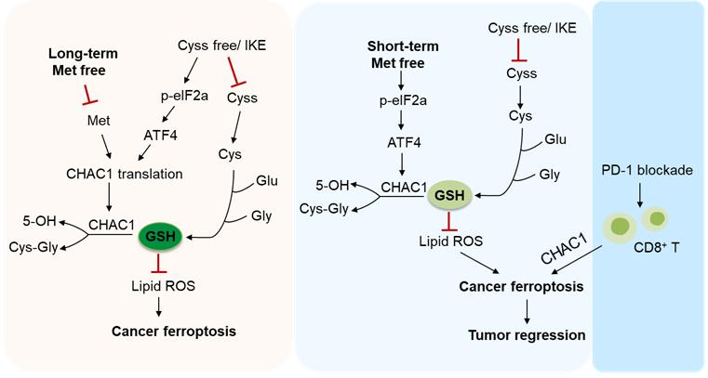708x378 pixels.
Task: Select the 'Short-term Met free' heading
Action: [397, 55]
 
